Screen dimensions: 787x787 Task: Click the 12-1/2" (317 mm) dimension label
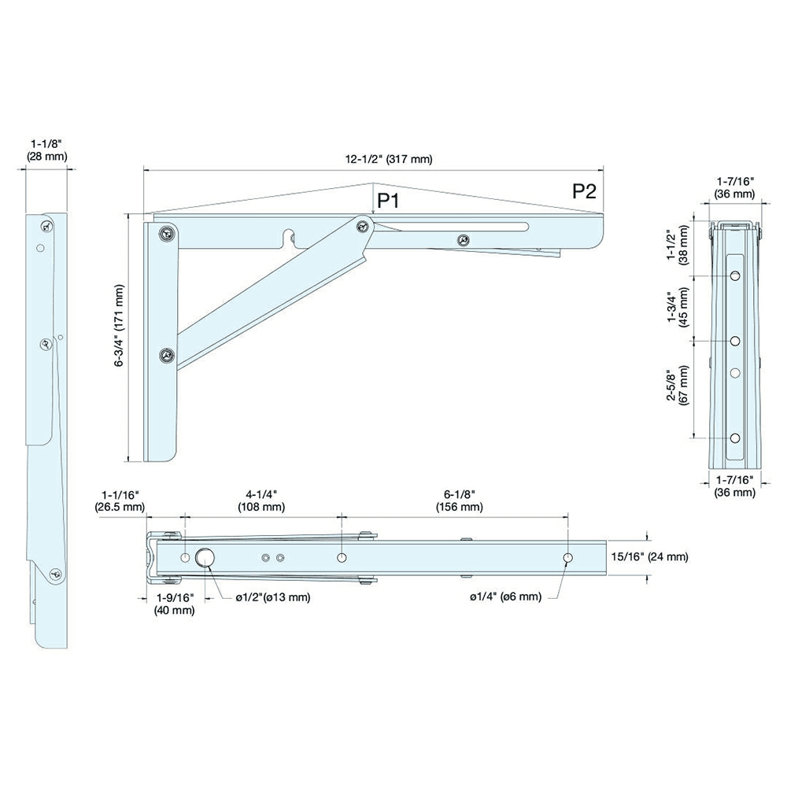pyautogui.click(x=389, y=159)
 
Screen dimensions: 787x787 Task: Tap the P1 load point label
pyautogui.click(x=389, y=201)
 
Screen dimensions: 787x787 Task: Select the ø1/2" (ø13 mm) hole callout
pyautogui.click(x=273, y=597)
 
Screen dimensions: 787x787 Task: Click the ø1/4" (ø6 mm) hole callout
pyautogui.click(x=505, y=597)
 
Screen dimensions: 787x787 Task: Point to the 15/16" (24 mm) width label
pyautogui.click(x=649, y=556)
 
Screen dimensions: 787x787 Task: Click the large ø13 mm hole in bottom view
pyautogui.click(x=205, y=557)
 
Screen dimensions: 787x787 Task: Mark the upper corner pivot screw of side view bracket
pyautogui.click(x=165, y=233)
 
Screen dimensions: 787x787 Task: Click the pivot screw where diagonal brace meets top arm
pyautogui.click(x=363, y=227)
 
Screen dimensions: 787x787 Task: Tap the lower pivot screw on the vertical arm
pyautogui.click(x=166, y=356)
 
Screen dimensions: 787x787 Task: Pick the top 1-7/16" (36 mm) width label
pyautogui.click(x=734, y=187)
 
